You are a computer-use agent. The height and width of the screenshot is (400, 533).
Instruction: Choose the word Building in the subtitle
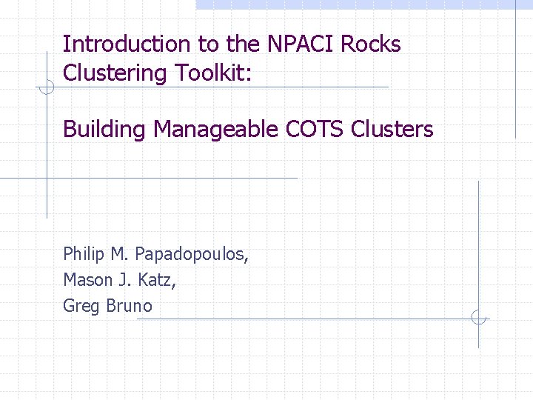point(105,130)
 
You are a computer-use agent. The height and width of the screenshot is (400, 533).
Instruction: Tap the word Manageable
point(216,130)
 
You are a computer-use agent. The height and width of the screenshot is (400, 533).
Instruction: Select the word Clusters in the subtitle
point(392,130)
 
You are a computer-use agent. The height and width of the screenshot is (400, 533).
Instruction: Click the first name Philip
point(84,256)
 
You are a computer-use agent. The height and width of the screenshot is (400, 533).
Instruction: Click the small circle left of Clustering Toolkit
point(46,89)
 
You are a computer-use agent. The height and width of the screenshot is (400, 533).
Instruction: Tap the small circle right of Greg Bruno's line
point(479,318)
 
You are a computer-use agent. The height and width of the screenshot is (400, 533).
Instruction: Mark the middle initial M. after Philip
point(118,256)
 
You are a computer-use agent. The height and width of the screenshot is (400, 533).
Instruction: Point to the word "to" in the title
point(209,44)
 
